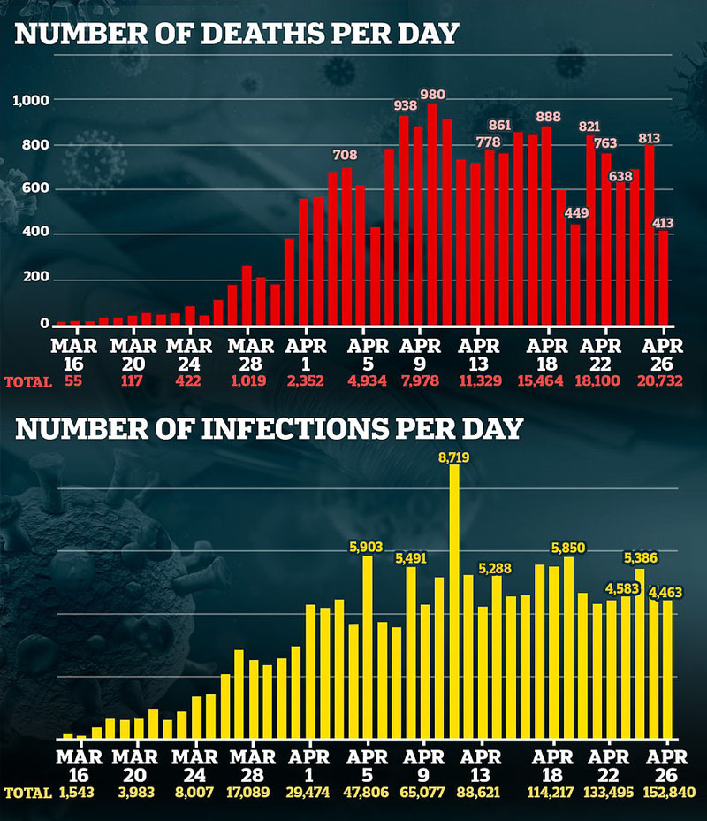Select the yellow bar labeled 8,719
pyautogui.click(x=454, y=601)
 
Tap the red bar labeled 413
pyautogui.click(x=663, y=278)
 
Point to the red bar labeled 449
pyautogui.click(x=575, y=275)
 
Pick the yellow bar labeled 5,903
pyautogui.click(x=368, y=647)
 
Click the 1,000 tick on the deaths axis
pyautogui.click(x=31, y=100)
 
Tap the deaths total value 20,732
pyautogui.click(x=660, y=380)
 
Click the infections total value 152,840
pyautogui.click(x=672, y=792)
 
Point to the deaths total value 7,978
pyautogui.click(x=420, y=380)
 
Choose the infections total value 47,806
pyautogui.click(x=366, y=792)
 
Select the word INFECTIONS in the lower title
pyautogui.click(x=295, y=428)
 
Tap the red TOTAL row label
pyautogui.click(x=28, y=382)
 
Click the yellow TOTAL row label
pyautogui.click(x=28, y=794)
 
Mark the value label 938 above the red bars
pyautogui.click(x=406, y=105)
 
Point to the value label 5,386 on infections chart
pyautogui.click(x=641, y=558)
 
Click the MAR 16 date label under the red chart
pyautogui.click(x=73, y=355)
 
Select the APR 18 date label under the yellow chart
pyautogui.click(x=552, y=765)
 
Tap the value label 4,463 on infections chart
pyautogui.click(x=665, y=592)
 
